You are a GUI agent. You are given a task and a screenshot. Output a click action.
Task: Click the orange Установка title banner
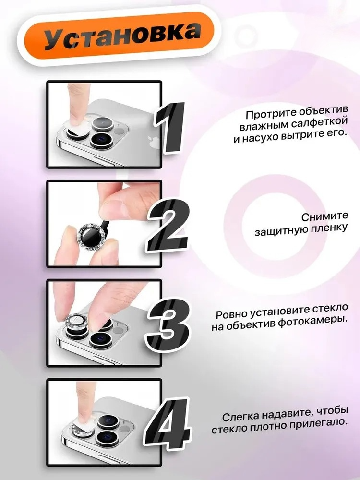pyautogui.click(x=115, y=34)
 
